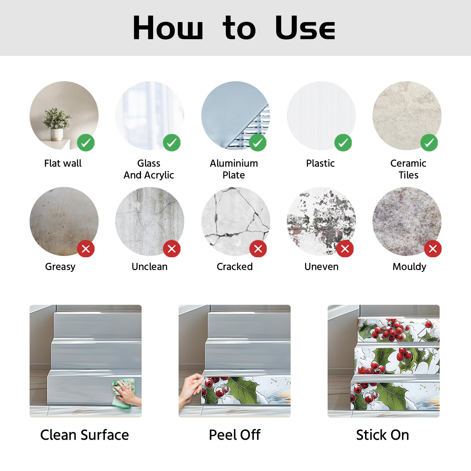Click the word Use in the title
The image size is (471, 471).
(x=305, y=28)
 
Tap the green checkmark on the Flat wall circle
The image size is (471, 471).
(x=86, y=143)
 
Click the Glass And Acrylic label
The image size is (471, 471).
(x=149, y=169)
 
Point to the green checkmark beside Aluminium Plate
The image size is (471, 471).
(x=258, y=143)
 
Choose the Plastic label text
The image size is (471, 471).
(x=320, y=163)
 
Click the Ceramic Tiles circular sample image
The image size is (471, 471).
(x=407, y=116)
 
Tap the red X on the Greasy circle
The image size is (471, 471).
(x=86, y=249)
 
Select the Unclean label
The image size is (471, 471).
(x=150, y=266)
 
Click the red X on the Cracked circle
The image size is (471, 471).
(x=258, y=249)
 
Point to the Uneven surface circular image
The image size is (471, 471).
(x=321, y=221)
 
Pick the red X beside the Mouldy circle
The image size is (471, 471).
(x=433, y=249)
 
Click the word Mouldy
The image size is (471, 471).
(x=409, y=267)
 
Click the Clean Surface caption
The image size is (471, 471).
(x=84, y=435)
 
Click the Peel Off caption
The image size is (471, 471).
(x=235, y=435)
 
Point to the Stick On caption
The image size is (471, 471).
(x=382, y=435)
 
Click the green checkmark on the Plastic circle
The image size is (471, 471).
(x=343, y=143)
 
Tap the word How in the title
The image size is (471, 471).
(x=168, y=28)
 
